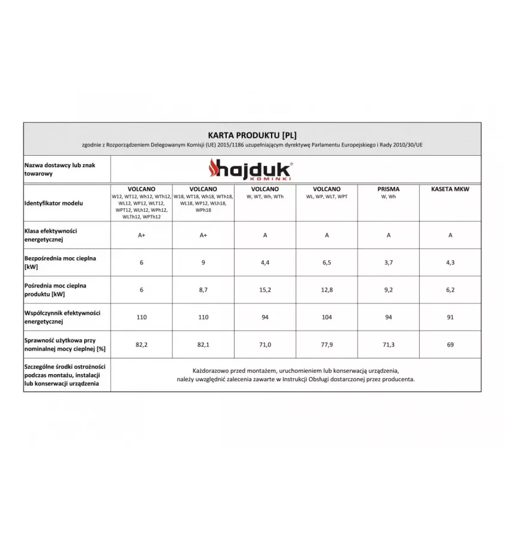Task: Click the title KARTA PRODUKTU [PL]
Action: click(252, 134)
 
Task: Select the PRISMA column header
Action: click(388, 189)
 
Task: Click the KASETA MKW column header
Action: click(450, 189)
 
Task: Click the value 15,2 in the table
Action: click(265, 290)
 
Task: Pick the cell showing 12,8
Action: click(327, 290)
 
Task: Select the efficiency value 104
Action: click(327, 317)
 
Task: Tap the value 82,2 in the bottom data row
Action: click(141, 345)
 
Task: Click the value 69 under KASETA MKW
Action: click(450, 345)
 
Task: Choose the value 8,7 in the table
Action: click(203, 290)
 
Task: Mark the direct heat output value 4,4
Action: click(265, 263)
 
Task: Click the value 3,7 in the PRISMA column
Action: click(388, 263)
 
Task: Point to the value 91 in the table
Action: click(450, 317)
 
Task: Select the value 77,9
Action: click(327, 345)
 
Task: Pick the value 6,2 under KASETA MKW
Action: click(450, 290)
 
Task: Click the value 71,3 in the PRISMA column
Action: click(388, 345)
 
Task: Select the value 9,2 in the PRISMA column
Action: click(388, 290)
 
